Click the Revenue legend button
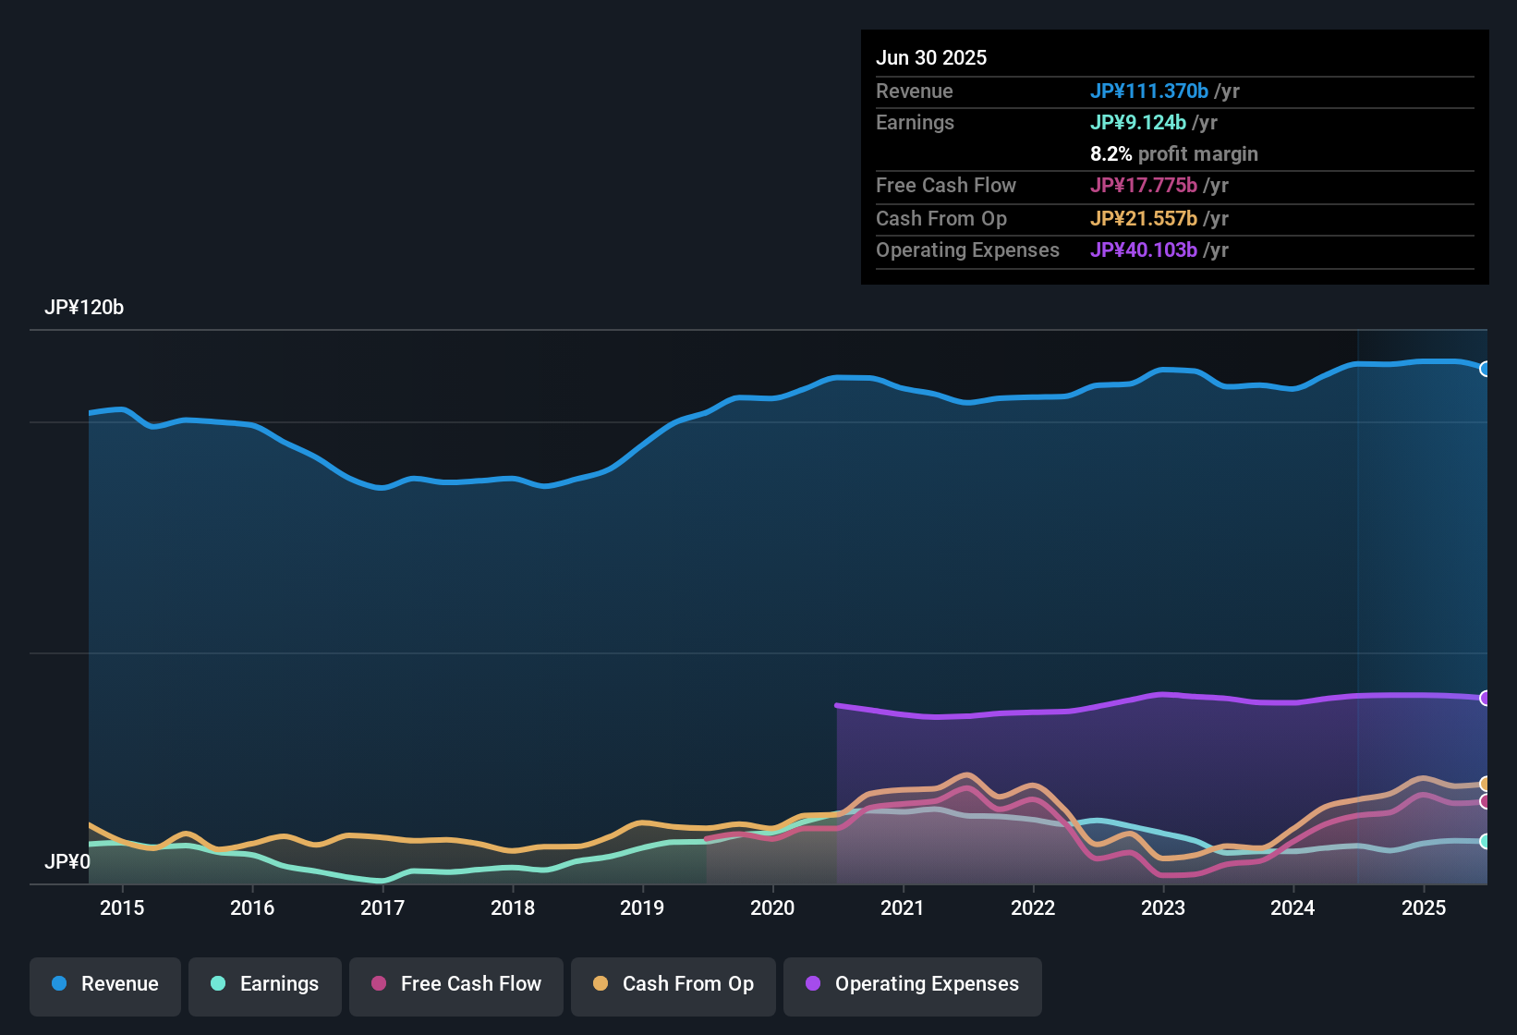pos(105,984)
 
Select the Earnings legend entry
pos(265,984)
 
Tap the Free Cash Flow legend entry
pos(456,984)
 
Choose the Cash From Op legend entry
pos(674,984)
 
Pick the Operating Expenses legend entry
pos(913,984)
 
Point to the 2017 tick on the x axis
pos(382,907)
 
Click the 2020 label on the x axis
pos(772,907)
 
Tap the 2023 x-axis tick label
pos(1163,907)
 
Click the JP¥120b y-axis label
pos(84,308)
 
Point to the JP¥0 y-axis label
pos(67,862)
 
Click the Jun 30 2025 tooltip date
pos(931,58)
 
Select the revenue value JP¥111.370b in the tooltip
pos(1149,91)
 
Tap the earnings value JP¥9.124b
pos(1138,123)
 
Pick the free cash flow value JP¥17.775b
pos(1144,186)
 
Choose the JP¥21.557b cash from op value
pos(1144,219)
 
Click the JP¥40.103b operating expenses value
pos(1144,250)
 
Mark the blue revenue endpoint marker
pos(1486,369)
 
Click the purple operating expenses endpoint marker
pos(1486,698)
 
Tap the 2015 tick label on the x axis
pos(122,907)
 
